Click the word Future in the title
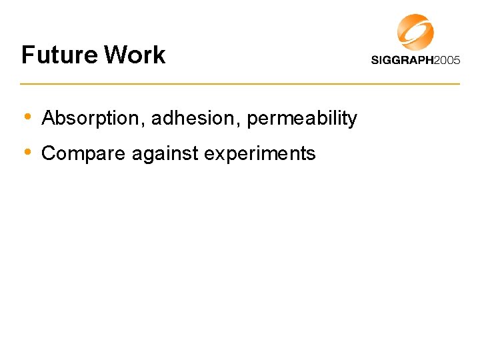[59, 55]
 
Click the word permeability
[302, 119]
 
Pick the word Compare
[84, 154]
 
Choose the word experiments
[260, 154]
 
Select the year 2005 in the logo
[447, 60]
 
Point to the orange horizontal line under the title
[240, 83]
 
